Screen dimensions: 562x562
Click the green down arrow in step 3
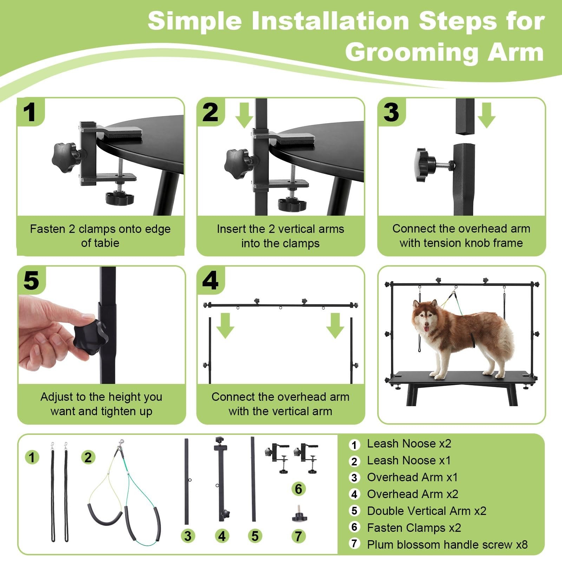tap(486, 115)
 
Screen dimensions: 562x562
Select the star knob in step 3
tap(426, 165)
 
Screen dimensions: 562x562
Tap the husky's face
tap(425, 318)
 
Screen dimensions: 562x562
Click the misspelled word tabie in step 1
tap(110, 243)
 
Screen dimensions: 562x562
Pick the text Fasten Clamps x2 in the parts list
tap(414, 528)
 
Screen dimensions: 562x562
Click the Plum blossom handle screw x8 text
tap(447, 544)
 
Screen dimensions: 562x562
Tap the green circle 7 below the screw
tap(298, 536)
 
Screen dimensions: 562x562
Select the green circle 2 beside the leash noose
tap(88, 457)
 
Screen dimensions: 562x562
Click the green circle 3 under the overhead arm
tap(188, 536)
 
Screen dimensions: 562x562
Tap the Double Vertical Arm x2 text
tap(427, 511)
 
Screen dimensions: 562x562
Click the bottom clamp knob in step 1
tap(120, 198)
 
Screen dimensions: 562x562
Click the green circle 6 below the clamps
tap(298, 489)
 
